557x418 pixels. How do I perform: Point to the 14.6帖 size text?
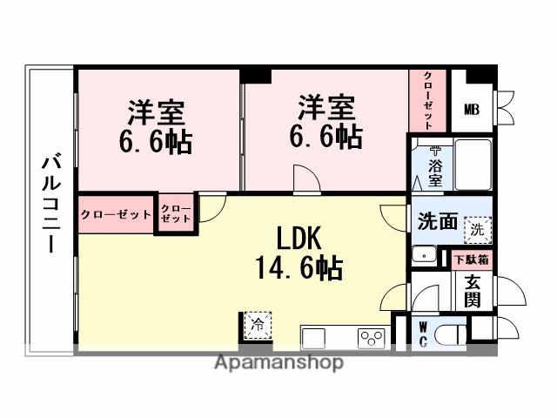coord(299,266)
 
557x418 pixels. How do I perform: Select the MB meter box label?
coord(471,109)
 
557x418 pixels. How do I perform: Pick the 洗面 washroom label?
coord(437,222)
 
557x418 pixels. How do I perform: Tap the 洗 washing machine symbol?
coord(476,231)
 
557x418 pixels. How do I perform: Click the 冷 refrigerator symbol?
coord(257,324)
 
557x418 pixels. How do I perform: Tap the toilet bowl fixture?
coord(451,335)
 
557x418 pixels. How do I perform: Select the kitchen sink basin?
coord(316,338)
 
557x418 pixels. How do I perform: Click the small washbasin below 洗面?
coord(424,255)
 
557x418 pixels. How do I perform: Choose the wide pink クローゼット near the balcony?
coord(116,214)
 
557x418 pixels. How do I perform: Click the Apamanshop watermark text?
coord(278,362)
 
